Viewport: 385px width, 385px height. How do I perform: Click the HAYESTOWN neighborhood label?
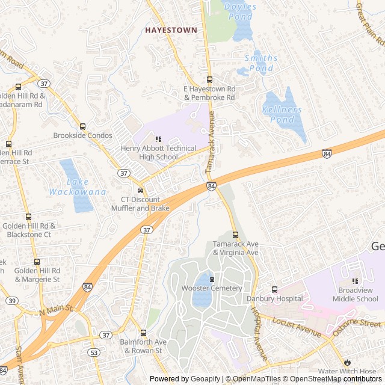pos(171,29)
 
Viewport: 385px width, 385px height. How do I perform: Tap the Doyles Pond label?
pos(240,12)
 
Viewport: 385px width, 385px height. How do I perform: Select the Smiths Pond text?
pos(261,63)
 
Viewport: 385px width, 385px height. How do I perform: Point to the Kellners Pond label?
pos(282,115)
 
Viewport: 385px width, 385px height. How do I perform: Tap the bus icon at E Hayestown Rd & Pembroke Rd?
pos(209,79)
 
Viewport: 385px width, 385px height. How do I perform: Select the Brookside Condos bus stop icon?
pos(82,126)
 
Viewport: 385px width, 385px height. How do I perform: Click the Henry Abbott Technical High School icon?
pos(159,140)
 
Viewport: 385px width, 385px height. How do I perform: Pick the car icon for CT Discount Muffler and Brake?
pos(140,191)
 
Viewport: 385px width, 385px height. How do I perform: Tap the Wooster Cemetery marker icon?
pos(212,279)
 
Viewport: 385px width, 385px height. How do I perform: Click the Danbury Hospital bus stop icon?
pos(274,289)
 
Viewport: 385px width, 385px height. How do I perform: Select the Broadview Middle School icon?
pos(355,281)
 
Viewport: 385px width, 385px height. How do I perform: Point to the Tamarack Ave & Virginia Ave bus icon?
pos(235,235)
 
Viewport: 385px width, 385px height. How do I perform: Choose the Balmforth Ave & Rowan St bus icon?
pos(143,333)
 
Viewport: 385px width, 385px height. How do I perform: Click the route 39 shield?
pos(11,300)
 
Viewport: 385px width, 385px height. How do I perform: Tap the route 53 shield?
pos(93,352)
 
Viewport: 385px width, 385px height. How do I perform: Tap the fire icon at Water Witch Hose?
pos(347,362)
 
